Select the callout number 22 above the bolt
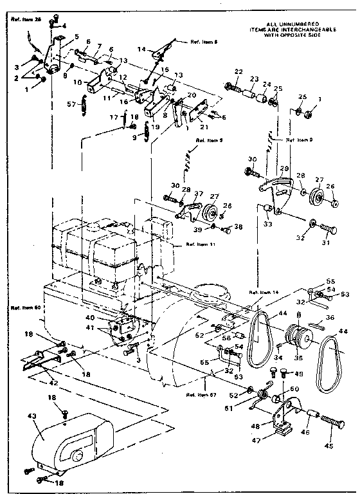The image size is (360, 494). click(239, 71)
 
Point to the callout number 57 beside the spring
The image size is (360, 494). click(72, 103)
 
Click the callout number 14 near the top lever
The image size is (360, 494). click(141, 48)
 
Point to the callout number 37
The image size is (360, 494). click(198, 194)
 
